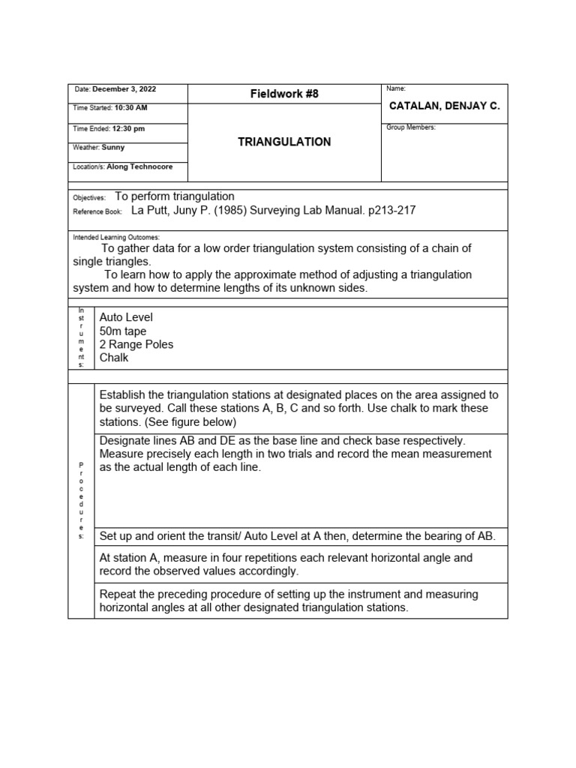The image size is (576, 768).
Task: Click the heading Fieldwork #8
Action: [x=284, y=94]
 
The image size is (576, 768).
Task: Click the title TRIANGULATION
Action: [x=284, y=142]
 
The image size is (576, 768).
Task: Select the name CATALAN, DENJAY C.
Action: [x=444, y=106]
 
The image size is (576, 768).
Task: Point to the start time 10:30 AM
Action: [x=130, y=108]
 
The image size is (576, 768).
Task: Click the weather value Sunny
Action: [x=113, y=148]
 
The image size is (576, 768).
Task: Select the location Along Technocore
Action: [x=138, y=167]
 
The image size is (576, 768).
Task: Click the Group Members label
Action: [x=410, y=127]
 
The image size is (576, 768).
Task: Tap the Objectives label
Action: [x=89, y=197]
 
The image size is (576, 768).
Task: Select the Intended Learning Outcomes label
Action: [x=116, y=236]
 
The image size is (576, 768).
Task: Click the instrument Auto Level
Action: [x=126, y=318]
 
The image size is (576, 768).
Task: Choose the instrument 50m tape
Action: [x=123, y=331]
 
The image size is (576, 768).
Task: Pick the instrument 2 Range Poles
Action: [x=136, y=344]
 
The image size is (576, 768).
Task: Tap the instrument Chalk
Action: [x=114, y=358]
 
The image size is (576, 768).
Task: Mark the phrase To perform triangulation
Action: [x=175, y=196]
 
